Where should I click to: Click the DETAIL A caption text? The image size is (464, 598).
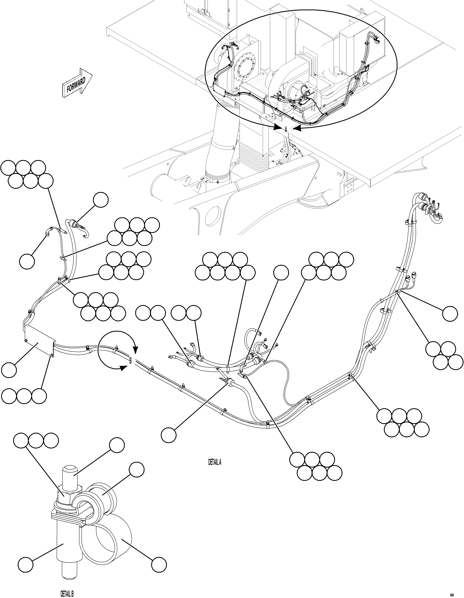click(x=215, y=462)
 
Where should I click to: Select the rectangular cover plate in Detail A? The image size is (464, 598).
click(x=38, y=341)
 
